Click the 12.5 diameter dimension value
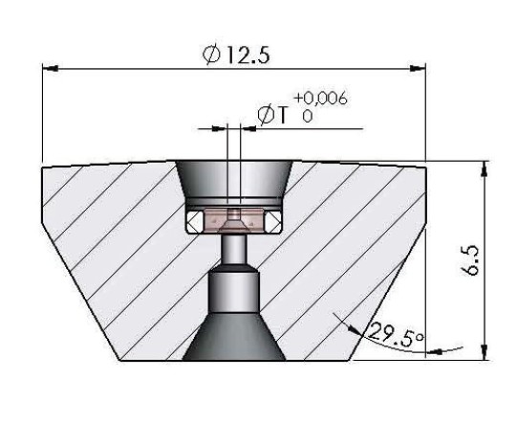(248, 55)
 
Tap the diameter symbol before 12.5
(211, 55)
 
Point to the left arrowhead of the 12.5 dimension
(51, 69)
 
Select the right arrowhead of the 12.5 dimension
(418, 68)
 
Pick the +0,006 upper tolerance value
(320, 98)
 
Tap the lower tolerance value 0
(308, 116)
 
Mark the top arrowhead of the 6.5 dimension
(484, 169)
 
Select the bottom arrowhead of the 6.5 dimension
(484, 352)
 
